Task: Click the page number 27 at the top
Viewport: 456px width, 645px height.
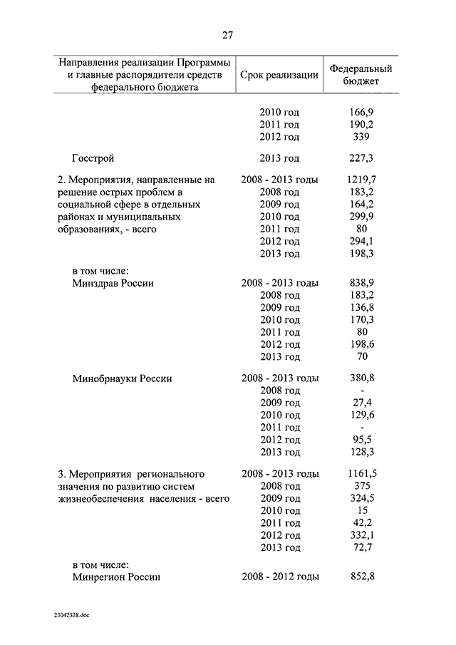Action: [x=227, y=35]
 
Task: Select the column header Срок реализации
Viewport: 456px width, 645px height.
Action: [x=279, y=76]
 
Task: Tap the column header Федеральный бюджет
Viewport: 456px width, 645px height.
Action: [x=361, y=76]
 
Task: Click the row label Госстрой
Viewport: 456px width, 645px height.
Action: [x=93, y=158]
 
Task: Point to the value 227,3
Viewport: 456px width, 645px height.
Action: [x=363, y=158]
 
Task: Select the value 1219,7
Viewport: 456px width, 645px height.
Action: [x=363, y=180]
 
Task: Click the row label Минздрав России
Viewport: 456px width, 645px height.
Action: [x=113, y=283]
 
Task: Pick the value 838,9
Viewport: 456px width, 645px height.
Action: [x=363, y=283]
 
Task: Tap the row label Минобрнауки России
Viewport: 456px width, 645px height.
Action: [x=122, y=378]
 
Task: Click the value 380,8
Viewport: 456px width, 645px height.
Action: [x=363, y=378]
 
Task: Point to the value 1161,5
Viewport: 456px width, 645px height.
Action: [x=363, y=473]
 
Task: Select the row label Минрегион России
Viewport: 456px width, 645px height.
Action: [x=116, y=577]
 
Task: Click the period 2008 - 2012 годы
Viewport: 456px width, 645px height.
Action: [x=280, y=577]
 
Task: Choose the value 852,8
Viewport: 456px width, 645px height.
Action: [x=363, y=577]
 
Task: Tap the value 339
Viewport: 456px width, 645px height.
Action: [x=363, y=137]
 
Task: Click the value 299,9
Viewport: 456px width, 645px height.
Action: [x=363, y=217]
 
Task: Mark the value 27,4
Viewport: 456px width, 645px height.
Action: [x=363, y=403]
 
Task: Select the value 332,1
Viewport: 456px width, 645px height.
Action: [x=363, y=535]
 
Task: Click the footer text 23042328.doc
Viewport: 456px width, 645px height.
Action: [x=71, y=614]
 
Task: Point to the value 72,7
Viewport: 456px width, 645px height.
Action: [x=363, y=547]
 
